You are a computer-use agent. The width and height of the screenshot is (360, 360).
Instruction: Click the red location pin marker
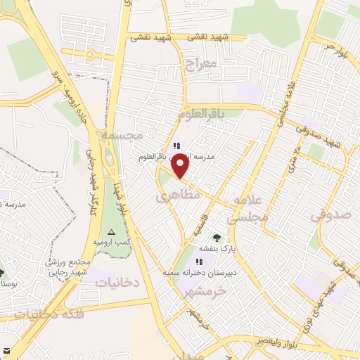coord(181,166)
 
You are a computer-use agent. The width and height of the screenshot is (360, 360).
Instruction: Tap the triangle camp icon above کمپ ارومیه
coord(110,231)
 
